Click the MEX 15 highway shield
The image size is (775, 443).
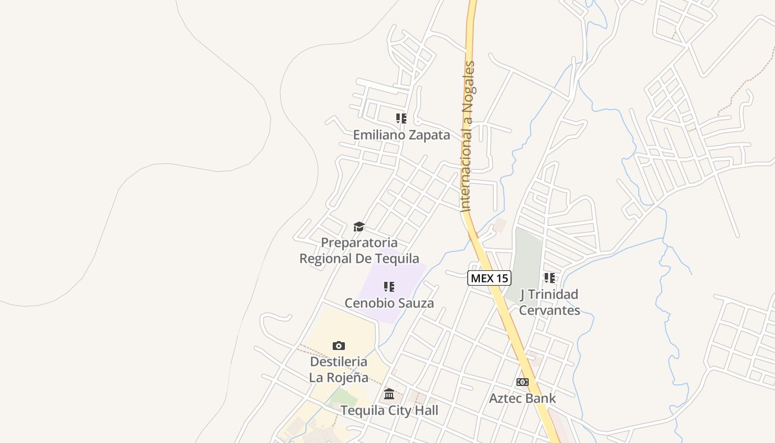(x=489, y=278)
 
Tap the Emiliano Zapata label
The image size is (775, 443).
(x=401, y=135)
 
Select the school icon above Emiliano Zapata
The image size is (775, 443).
(x=401, y=119)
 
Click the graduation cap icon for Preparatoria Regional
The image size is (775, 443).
(x=359, y=226)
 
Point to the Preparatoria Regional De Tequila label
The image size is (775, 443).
(x=359, y=250)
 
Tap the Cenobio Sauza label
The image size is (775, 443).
(x=389, y=303)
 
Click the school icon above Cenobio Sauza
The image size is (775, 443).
(x=389, y=287)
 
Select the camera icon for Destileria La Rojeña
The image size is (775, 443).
(x=339, y=346)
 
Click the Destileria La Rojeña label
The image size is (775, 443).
(x=339, y=369)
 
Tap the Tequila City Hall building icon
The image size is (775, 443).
(x=389, y=394)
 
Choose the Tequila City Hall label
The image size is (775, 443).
(x=389, y=410)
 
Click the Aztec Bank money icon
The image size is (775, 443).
(x=523, y=382)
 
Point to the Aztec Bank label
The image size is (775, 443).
(x=523, y=398)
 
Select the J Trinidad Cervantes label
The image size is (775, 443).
(x=549, y=302)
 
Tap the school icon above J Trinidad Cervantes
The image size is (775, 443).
(x=549, y=278)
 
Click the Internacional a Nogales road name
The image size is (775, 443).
(x=468, y=136)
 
